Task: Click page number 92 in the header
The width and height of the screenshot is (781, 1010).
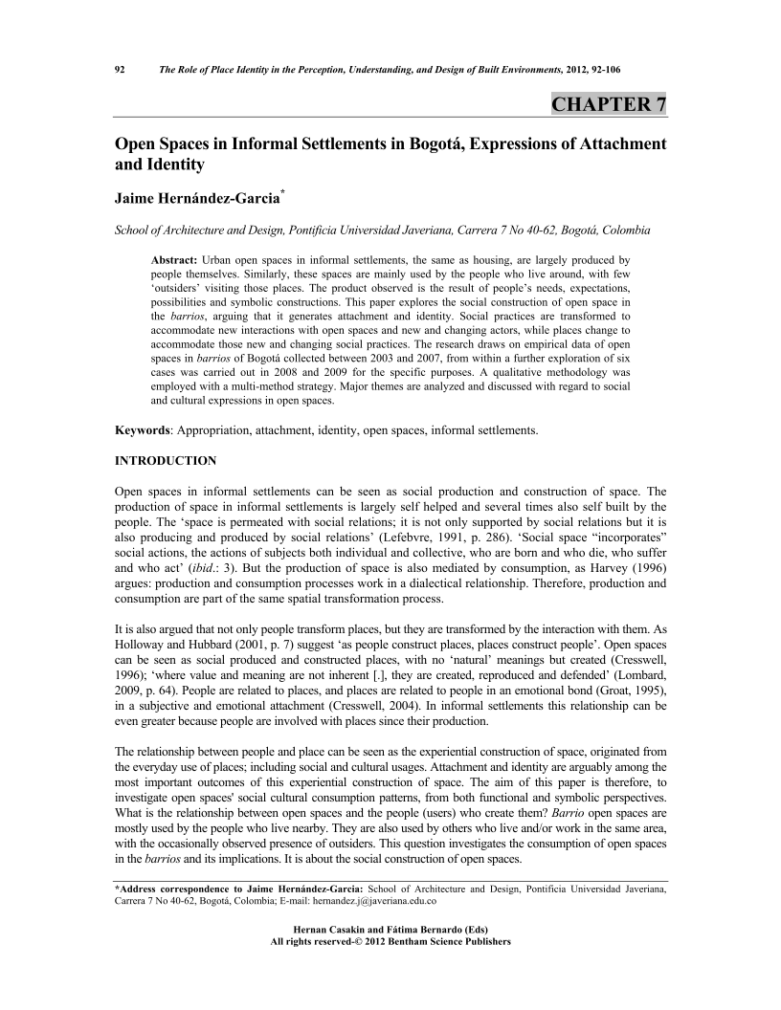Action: coord(121,69)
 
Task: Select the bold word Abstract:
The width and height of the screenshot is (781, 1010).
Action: coord(175,260)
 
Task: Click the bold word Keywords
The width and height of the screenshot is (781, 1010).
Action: coord(143,430)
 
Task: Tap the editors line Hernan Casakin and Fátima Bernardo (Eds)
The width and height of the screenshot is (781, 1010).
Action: coord(390,930)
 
